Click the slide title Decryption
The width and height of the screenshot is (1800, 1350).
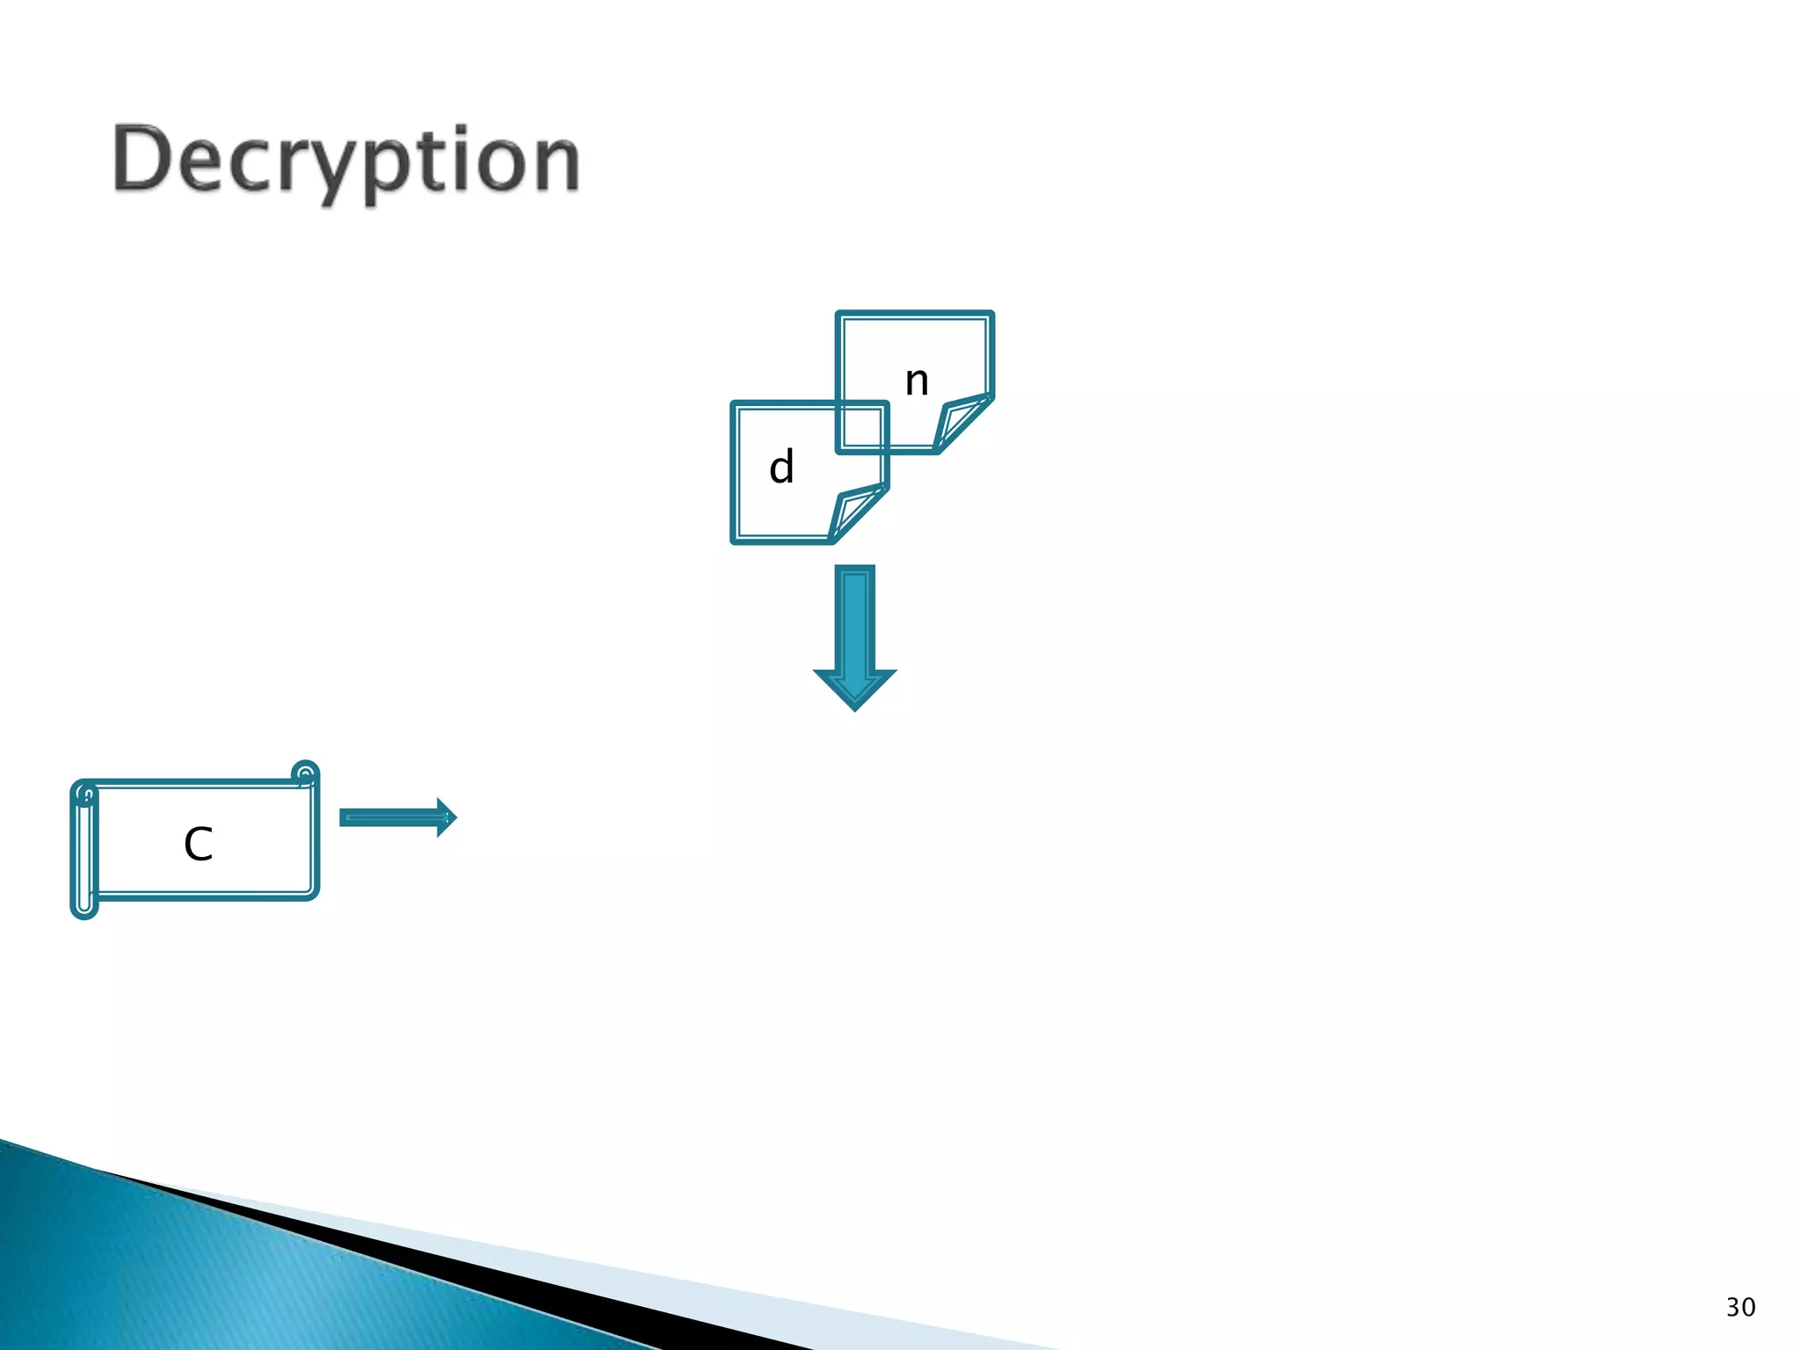click(x=346, y=162)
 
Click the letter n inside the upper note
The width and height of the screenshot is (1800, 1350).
click(x=917, y=381)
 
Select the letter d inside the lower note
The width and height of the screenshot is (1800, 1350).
click(x=781, y=467)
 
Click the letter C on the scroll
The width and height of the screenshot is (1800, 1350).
click(x=199, y=845)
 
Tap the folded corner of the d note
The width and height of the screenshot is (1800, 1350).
click(x=855, y=512)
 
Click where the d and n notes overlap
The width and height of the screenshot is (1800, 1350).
click(x=862, y=427)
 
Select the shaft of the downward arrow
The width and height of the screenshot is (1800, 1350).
click(x=855, y=620)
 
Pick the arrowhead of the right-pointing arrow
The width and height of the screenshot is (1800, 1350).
click(x=446, y=818)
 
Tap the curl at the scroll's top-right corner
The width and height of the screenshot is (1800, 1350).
click(x=305, y=773)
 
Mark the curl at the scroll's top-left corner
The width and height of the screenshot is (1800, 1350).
click(x=85, y=795)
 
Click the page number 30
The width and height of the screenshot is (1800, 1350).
click(x=1740, y=1308)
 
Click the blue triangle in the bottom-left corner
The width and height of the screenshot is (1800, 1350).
click(x=176, y=1274)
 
